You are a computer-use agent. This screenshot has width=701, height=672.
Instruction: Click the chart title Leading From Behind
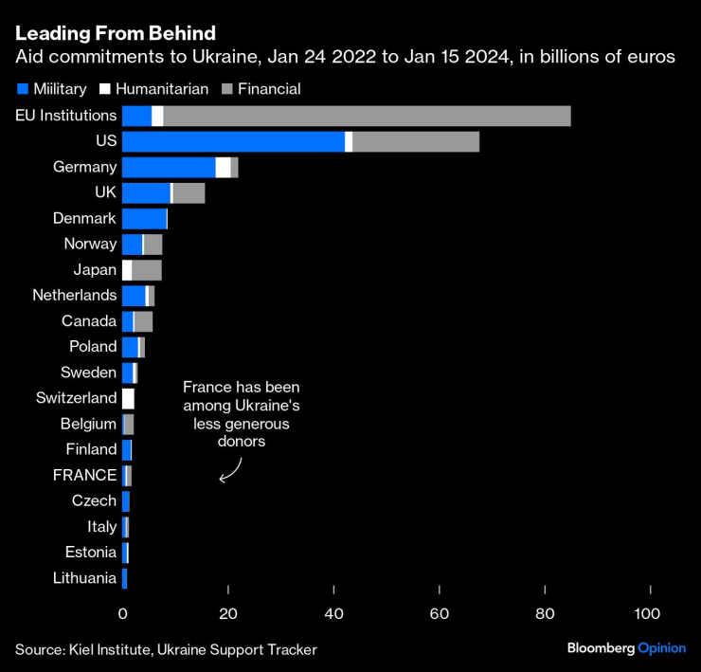[x=115, y=33]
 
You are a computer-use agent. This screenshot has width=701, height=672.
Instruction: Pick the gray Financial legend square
[x=227, y=89]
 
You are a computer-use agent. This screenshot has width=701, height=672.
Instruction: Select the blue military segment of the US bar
[x=233, y=141]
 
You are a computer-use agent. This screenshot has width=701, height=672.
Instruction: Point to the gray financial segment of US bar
[x=416, y=141]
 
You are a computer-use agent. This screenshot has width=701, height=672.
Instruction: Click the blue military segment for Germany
[x=169, y=167]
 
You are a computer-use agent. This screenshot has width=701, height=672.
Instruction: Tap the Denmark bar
[x=144, y=218]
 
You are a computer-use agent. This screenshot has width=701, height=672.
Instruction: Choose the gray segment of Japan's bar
[x=147, y=269]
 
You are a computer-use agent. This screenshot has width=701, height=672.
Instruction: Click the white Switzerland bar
[x=128, y=398]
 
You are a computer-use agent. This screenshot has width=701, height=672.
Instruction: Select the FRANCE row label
[x=84, y=475]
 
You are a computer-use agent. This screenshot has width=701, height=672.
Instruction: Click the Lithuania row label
[x=85, y=578]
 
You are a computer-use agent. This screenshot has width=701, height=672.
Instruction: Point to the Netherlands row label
[x=75, y=295]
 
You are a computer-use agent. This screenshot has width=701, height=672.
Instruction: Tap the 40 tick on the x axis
[x=333, y=614]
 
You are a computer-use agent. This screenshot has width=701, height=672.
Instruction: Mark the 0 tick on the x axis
[x=122, y=614]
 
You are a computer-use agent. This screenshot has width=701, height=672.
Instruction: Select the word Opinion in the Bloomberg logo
[x=662, y=648]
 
